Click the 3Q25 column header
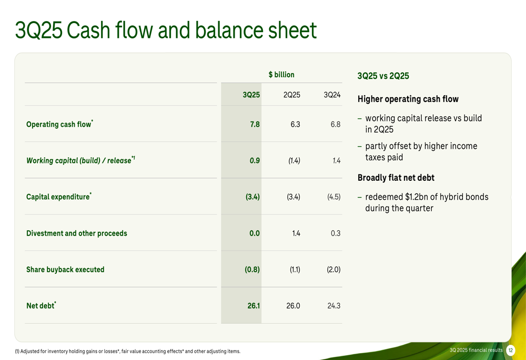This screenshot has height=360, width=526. click(x=251, y=95)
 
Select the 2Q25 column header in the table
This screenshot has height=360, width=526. click(x=292, y=95)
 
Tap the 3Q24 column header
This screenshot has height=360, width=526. click(x=332, y=95)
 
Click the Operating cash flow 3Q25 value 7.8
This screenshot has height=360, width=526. click(x=255, y=125)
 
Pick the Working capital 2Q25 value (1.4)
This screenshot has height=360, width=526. click(x=294, y=161)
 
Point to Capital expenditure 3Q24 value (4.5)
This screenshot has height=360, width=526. click(x=334, y=197)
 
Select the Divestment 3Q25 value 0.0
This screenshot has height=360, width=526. click(x=255, y=233)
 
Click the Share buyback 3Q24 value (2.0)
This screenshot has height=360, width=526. click(x=333, y=270)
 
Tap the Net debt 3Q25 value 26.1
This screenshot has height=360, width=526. click(x=254, y=306)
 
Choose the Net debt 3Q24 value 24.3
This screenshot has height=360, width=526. click(x=334, y=306)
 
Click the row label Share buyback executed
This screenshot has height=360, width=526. click(x=65, y=270)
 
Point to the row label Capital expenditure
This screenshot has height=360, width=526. click(x=58, y=197)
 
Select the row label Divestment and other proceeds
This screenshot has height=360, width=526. click(x=77, y=233)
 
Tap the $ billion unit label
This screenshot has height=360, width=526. click(x=281, y=75)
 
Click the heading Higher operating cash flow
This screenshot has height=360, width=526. click(x=408, y=99)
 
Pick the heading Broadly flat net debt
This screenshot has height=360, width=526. click(x=396, y=178)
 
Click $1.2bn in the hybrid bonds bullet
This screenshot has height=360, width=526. click(x=416, y=197)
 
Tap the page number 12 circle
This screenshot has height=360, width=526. click(x=510, y=351)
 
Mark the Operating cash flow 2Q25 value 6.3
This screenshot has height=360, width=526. click(x=295, y=125)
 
